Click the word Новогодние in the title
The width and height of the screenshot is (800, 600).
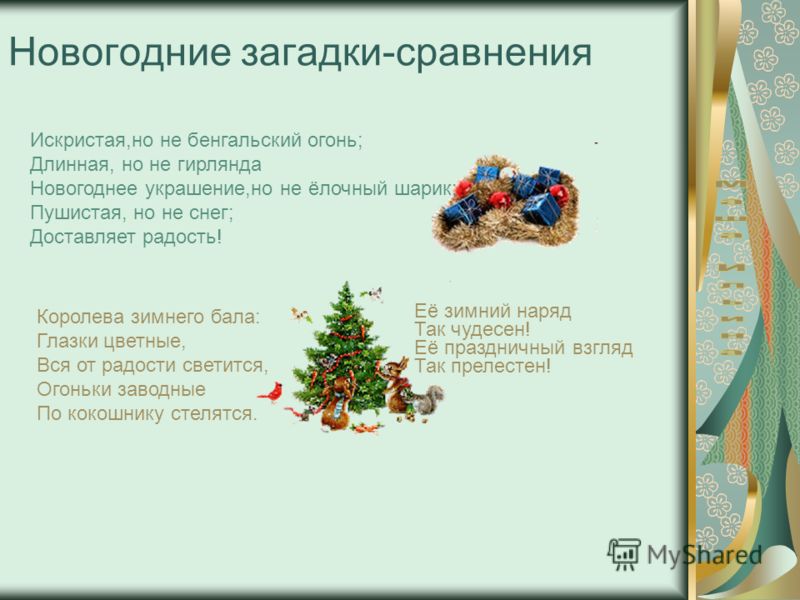pos(120,53)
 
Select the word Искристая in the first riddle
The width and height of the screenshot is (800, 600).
pos(78,140)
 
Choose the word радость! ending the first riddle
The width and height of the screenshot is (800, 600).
pos(182,237)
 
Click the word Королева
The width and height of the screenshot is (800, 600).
pos(81,317)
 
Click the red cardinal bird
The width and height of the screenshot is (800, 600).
pos(272,392)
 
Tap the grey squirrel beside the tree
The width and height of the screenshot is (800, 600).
pos(428,399)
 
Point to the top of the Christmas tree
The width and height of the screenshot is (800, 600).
pos(346,282)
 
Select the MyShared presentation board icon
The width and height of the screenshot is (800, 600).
pos(623,554)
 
